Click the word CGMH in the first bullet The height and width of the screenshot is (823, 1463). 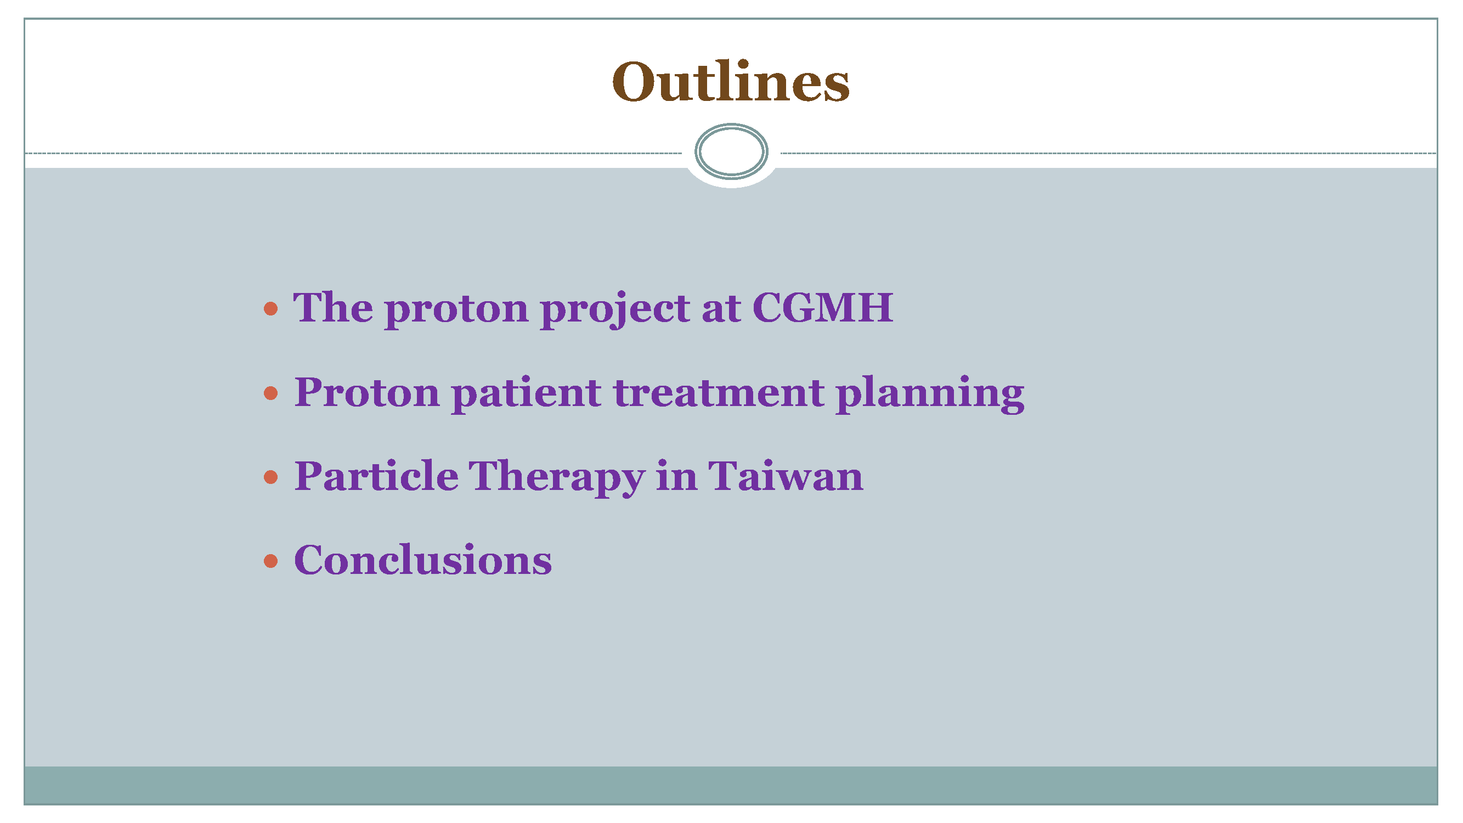tap(822, 307)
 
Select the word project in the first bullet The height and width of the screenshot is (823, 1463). tap(615, 309)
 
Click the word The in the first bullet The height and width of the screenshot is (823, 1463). tap(333, 307)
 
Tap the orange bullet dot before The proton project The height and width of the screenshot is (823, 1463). tap(271, 308)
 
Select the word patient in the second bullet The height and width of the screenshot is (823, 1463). tap(527, 394)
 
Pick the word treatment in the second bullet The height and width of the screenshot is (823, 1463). tap(719, 393)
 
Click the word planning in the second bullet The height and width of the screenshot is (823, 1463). tap(930, 394)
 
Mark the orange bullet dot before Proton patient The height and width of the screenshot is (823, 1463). tap(271, 392)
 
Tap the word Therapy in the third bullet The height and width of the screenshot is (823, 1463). tap(557, 478)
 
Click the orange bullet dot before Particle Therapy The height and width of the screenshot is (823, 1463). tap(271, 477)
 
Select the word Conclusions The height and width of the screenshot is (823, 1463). tap(423, 560)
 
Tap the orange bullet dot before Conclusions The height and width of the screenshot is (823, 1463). tap(271, 561)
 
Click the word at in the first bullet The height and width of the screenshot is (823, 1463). tap(721, 309)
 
